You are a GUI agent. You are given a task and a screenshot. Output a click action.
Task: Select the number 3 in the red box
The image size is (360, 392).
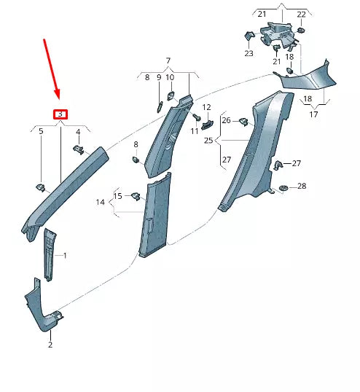click(x=60, y=114)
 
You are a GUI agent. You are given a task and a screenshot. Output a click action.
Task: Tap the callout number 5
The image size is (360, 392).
click(x=41, y=132)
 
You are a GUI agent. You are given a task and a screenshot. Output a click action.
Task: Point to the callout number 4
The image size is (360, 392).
click(x=78, y=132)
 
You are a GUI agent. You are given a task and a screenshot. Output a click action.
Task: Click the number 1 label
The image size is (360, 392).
click(x=65, y=256)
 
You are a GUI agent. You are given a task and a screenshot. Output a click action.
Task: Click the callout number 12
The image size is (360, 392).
click(x=206, y=108)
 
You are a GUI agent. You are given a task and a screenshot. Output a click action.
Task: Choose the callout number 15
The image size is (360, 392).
click(x=118, y=195)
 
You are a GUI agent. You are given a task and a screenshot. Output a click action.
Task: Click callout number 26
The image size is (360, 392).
click(x=226, y=120)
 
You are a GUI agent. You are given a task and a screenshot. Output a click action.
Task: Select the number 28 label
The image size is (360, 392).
click(x=302, y=187)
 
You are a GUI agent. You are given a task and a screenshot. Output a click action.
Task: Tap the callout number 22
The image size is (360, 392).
click(x=302, y=15)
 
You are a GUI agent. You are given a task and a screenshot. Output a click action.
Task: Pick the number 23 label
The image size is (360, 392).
click(x=249, y=53)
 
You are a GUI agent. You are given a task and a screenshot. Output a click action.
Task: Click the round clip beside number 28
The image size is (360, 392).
click(x=283, y=189)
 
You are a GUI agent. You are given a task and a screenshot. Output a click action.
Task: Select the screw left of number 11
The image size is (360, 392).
click(x=196, y=117)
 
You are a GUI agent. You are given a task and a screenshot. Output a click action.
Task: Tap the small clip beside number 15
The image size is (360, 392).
click(x=136, y=195)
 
